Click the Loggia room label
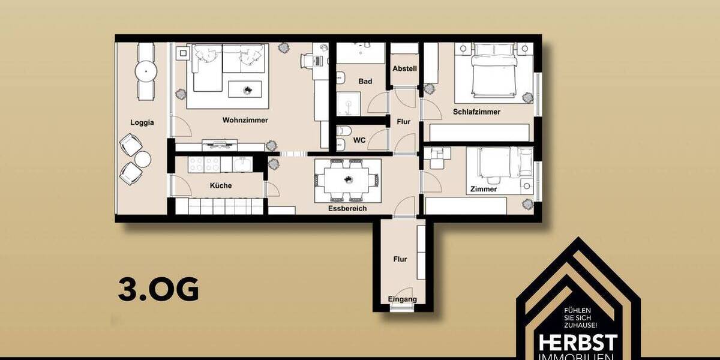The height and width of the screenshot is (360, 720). click(142, 122)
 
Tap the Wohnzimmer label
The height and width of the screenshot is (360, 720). click(245, 120)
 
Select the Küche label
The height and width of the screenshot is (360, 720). click(220, 185)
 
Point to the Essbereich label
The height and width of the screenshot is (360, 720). click(347, 208)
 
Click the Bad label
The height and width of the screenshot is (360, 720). click(365, 81)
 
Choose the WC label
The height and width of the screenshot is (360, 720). click(359, 140)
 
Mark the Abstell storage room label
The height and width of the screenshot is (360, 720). click(404, 68)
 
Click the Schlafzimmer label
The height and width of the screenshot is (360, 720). click(476, 112)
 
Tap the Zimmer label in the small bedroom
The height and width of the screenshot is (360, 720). click(484, 189)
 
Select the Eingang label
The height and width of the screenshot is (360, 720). click(402, 299)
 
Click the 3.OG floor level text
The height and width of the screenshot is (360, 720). click(158, 290)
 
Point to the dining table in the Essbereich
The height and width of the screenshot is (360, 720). click(347, 179)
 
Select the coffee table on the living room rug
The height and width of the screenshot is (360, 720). click(247, 89)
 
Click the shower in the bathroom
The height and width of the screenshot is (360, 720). click(349, 104)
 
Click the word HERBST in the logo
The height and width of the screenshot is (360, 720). click(578, 343)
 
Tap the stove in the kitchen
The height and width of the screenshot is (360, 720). click(205, 164)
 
